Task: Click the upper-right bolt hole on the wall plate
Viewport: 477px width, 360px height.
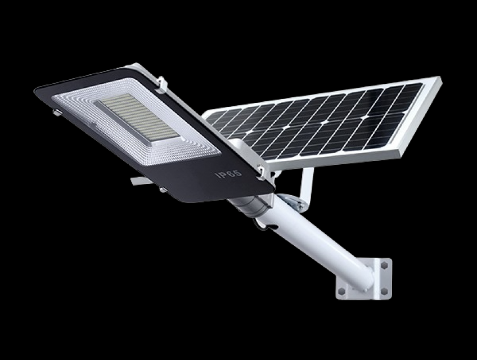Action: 385,265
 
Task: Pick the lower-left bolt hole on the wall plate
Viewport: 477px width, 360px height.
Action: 341,291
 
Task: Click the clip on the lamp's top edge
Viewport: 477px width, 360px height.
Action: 161,83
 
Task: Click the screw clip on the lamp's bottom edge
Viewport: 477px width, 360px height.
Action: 163,190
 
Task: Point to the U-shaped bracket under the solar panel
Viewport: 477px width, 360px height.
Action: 307,186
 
